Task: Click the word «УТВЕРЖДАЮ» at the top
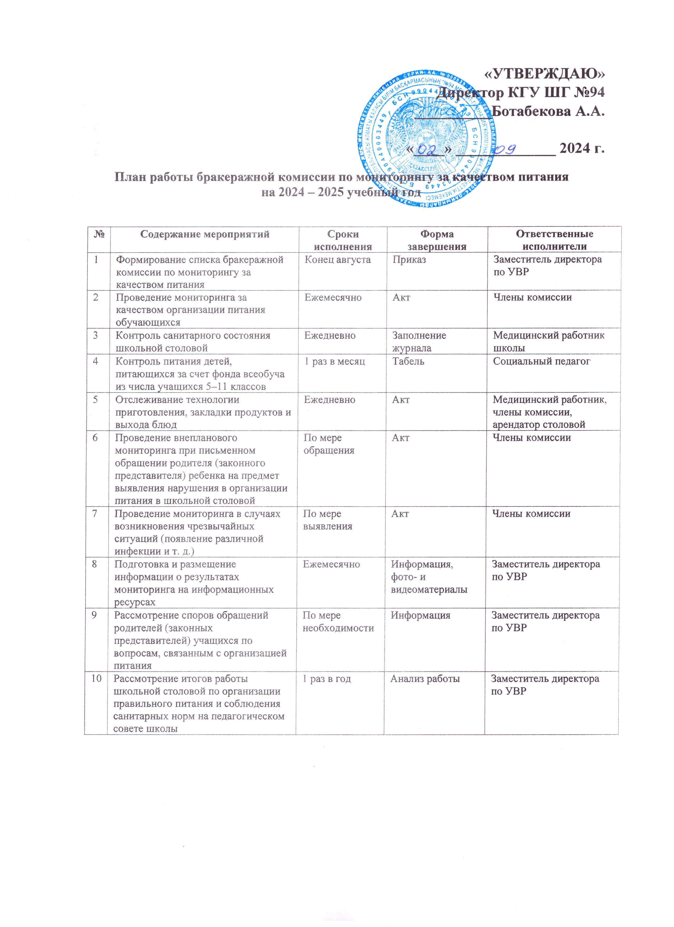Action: (544, 74)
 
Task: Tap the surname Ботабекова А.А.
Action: (548, 111)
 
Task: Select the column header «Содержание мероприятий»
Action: (205, 234)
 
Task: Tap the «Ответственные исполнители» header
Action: (554, 240)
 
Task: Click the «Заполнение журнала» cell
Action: (419, 342)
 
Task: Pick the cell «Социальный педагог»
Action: (542, 361)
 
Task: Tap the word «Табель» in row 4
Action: (408, 361)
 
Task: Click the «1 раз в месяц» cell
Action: (334, 361)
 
